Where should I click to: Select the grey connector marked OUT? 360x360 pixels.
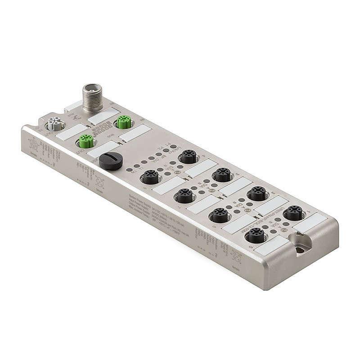54,124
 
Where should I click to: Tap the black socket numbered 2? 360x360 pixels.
257,193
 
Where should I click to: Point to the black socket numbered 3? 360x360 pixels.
222,175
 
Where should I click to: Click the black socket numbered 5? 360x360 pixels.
256,234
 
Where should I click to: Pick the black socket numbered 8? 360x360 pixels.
150,177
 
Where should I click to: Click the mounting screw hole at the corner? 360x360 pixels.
299,248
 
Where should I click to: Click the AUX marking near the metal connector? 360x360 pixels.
72,108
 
